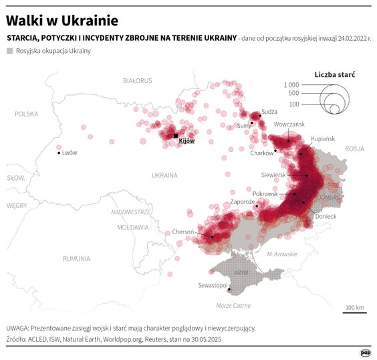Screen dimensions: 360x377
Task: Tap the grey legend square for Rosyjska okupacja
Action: click(10, 51)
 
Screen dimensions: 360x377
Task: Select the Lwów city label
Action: click(69, 153)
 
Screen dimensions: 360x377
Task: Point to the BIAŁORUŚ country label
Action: click(138, 80)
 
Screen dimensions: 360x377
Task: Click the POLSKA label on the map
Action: click(28, 114)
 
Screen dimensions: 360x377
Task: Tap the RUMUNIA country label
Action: click(76, 258)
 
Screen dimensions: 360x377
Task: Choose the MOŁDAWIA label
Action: click(132, 228)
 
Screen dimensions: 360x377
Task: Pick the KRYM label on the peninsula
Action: click(241, 274)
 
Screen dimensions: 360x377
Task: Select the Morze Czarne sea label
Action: click(233, 305)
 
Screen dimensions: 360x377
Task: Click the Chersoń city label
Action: click(183, 232)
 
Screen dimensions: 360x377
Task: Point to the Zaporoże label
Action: click(241, 201)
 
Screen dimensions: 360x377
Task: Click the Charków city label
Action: click(261, 153)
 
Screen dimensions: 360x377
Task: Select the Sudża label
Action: click(269, 111)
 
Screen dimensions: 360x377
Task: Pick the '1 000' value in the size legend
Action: click(291, 85)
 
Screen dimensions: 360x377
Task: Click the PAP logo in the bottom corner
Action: click(366, 352)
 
